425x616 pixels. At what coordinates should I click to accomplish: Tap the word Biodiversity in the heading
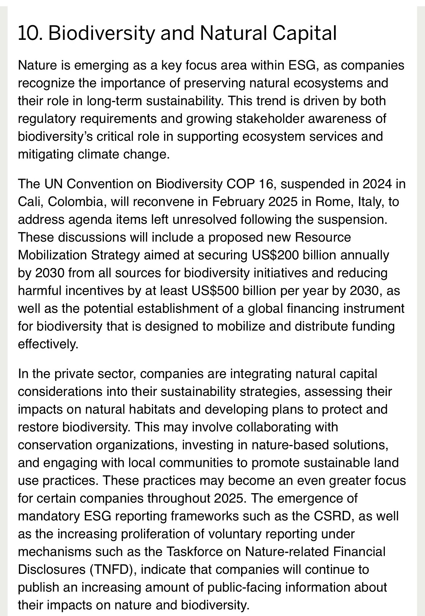click(102, 33)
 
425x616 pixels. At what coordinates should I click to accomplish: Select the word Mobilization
click(52, 255)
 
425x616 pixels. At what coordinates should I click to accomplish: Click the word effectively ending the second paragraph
click(48, 344)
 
